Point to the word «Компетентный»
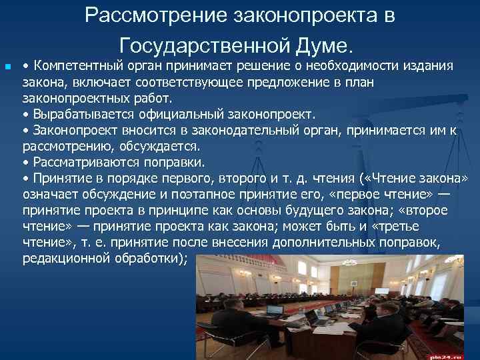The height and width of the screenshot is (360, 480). pos(74,66)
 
